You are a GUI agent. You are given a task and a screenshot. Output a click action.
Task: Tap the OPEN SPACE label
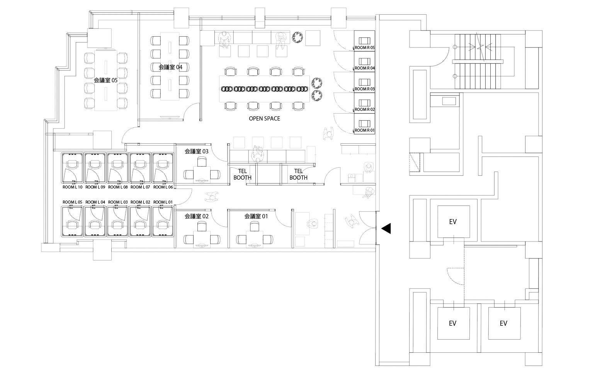pos(264,119)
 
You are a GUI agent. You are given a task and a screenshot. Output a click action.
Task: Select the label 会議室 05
pos(105,80)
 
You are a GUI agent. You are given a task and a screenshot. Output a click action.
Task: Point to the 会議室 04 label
pos(170,67)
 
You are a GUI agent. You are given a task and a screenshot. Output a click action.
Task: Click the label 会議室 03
pos(197,151)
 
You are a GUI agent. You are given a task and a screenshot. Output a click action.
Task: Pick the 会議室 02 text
pos(197,216)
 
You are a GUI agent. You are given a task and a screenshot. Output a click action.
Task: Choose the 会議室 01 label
pos(256,216)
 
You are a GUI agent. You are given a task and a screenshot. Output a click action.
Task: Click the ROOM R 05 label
pos(364,48)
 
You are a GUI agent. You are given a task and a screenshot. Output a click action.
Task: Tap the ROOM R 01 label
pos(364,131)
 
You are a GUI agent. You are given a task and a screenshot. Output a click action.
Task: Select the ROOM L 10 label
pos(72,187)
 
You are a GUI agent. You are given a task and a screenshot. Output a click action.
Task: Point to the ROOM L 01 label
pos(163,202)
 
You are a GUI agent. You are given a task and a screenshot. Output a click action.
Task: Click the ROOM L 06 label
pos(163,187)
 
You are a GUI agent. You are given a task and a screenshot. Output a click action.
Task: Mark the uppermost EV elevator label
pos(453,221)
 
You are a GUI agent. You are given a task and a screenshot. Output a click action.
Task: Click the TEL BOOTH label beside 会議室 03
pos(243,174)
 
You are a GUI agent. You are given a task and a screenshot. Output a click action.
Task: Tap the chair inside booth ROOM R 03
pos(364,82)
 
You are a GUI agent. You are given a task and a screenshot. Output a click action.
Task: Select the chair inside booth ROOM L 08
pos(118,165)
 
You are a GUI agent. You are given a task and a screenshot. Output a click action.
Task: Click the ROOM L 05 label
pos(72,202)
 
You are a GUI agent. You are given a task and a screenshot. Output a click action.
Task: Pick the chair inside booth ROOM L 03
pos(118,225)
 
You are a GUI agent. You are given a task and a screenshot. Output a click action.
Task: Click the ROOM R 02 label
pos(364,109)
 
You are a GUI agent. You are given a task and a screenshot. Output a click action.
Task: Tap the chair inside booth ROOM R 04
pos(364,61)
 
